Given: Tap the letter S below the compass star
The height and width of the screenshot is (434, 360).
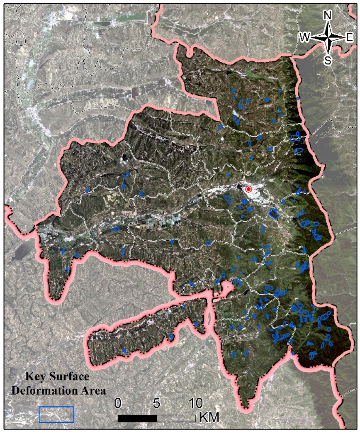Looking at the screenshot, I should tap(328, 61).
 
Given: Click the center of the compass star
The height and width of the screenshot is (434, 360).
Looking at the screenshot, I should tap(328, 38).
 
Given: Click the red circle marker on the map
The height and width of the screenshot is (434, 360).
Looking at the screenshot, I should tap(248, 189).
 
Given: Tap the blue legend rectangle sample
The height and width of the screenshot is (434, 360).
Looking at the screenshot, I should tap(56, 414).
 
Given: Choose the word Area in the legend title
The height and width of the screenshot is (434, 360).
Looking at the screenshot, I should tap(94, 390).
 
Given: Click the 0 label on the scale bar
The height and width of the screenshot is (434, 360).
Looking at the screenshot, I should tap(118, 403).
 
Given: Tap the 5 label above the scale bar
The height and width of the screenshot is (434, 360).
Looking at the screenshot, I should tap(157, 403).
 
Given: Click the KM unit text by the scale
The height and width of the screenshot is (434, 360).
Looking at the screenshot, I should tap(209, 417).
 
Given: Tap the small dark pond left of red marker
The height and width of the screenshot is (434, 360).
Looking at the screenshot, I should tap(240, 188).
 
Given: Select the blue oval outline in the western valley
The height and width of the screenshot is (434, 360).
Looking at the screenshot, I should tap(116, 228).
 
